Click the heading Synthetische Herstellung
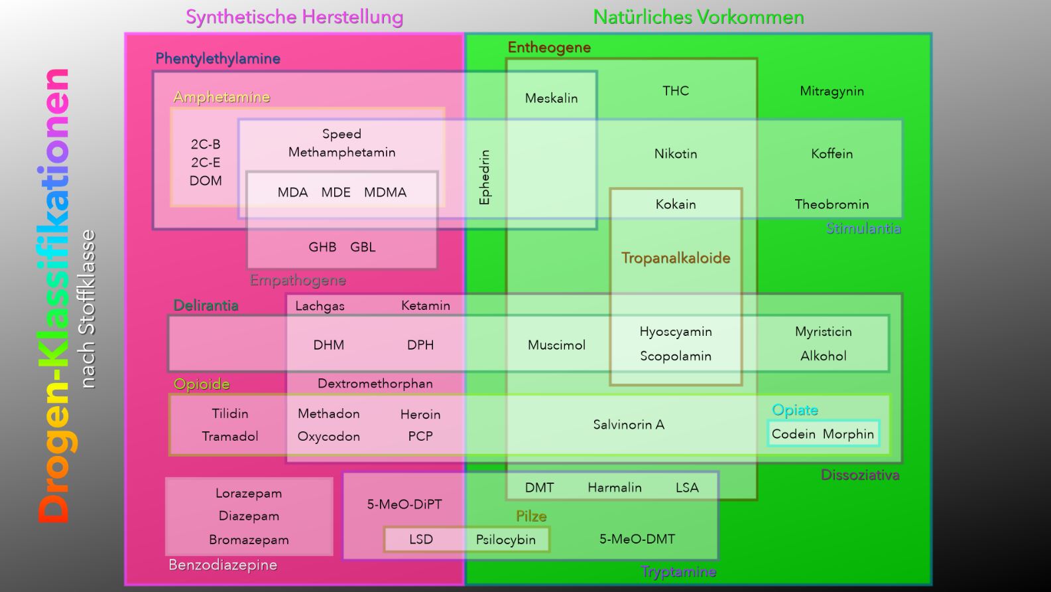[x=294, y=17]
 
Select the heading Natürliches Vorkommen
[x=698, y=17]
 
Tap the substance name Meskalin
[x=551, y=98]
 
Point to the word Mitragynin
[x=832, y=91]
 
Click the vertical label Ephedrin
[x=485, y=177]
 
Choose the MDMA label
[x=385, y=192]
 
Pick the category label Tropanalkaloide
[x=675, y=258]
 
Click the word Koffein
[x=832, y=154]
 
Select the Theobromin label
[x=832, y=204]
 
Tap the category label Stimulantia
[x=863, y=229]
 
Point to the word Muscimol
[x=556, y=345]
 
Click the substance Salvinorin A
[x=628, y=425]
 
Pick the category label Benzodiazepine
[x=223, y=565]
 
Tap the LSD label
[x=420, y=540]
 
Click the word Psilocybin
[x=505, y=540]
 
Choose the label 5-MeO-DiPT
[x=404, y=504]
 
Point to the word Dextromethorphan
[x=375, y=384]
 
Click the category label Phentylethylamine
[x=217, y=59]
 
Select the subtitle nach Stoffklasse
[x=87, y=309]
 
